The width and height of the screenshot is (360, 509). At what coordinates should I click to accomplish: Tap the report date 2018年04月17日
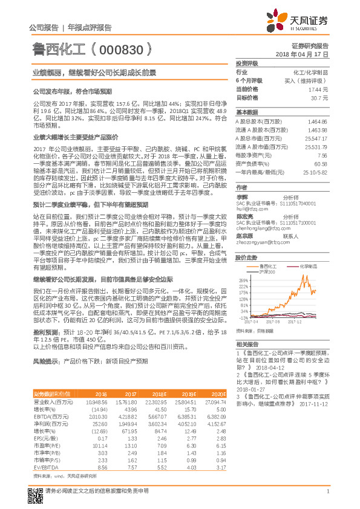tap(303, 54)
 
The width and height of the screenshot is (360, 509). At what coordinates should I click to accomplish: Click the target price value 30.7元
tap(319, 97)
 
